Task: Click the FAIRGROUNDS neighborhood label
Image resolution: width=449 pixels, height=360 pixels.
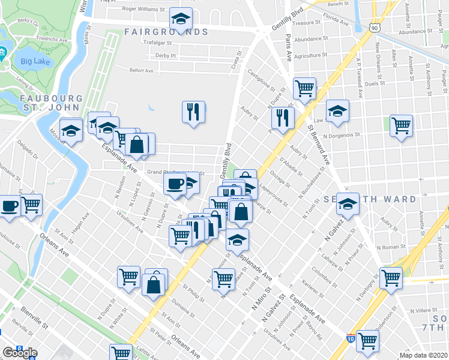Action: pos(166,32)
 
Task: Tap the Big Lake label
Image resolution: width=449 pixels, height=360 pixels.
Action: pos(35,61)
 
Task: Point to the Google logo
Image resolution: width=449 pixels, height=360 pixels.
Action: pos(20,353)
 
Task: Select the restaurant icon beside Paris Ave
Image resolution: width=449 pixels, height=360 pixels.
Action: pos(281,117)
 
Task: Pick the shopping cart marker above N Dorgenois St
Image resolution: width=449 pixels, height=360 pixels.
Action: pos(401,126)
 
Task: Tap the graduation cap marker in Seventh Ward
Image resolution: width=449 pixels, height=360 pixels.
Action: pos(347,204)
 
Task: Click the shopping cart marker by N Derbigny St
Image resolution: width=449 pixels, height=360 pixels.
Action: pos(391,277)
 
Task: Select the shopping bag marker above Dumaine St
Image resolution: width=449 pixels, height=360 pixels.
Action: pos(154,283)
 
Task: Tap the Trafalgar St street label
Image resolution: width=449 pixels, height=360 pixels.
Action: pos(158,43)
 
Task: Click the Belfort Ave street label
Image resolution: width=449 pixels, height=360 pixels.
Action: pos(142,70)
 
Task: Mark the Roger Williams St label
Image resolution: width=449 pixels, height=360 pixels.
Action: pos(143,9)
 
